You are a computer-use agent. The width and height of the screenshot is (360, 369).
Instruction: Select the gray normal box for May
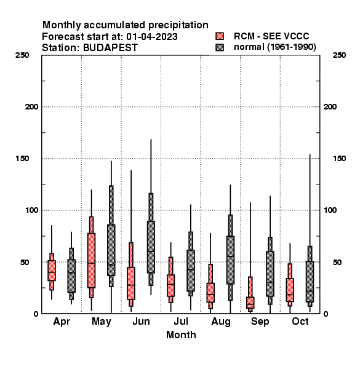[x=111, y=247]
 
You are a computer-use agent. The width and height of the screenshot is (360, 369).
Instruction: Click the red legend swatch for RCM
[x=220, y=36]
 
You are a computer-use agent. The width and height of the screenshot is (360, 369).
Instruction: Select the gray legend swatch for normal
[x=220, y=47]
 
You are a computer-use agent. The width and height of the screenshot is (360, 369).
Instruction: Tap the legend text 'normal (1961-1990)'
[x=274, y=47]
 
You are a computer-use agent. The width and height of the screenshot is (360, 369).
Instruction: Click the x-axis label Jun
[x=141, y=322]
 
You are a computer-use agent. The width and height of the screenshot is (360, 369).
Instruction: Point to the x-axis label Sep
[x=260, y=322]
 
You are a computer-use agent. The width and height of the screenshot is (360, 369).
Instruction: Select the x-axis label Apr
[x=62, y=322]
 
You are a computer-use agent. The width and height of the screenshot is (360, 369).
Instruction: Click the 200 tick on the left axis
[x=31, y=107]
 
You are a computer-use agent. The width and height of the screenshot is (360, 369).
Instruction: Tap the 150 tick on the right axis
[x=339, y=159]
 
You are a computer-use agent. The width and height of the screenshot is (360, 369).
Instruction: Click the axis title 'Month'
[x=181, y=335]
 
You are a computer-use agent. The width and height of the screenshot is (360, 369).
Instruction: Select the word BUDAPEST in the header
[x=110, y=48]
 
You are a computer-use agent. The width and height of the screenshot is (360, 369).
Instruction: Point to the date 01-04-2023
[x=152, y=37]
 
